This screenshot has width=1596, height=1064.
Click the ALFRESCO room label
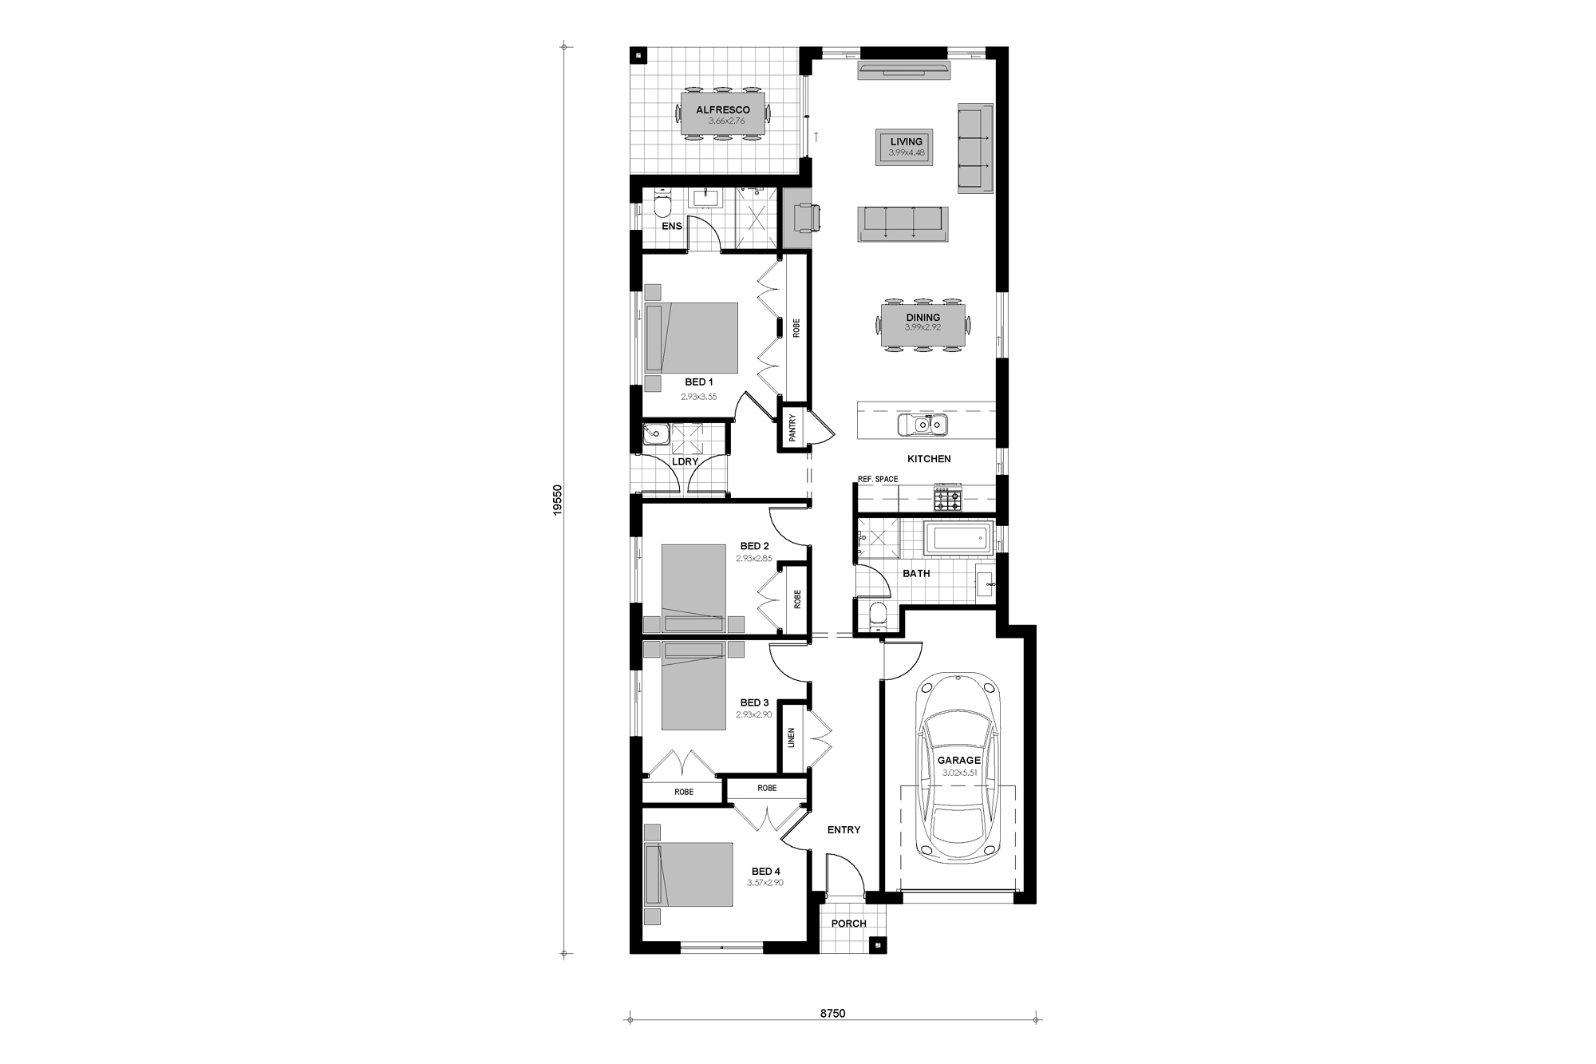tap(723, 110)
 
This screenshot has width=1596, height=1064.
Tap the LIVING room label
tap(906, 142)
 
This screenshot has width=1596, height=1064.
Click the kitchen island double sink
tap(922, 425)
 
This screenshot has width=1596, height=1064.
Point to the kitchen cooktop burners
tap(948, 499)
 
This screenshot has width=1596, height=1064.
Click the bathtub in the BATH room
tap(958, 538)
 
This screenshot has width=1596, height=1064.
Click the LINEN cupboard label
tap(792, 738)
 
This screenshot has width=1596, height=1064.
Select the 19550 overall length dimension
tap(558, 500)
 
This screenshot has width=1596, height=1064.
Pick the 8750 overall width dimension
tap(832, 1014)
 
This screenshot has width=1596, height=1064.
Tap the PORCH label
tap(848, 924)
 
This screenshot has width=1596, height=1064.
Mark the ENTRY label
tap(843, 830)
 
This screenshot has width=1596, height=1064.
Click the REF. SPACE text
tap(878, 479)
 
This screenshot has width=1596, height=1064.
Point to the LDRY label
tap(685, 461)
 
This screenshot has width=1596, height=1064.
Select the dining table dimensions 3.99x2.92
tap(922, 327)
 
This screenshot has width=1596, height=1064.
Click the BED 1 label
tap(699, 382)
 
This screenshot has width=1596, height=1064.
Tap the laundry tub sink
tap(656, 434)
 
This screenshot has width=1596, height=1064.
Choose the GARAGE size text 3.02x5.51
tap(958, 773)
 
